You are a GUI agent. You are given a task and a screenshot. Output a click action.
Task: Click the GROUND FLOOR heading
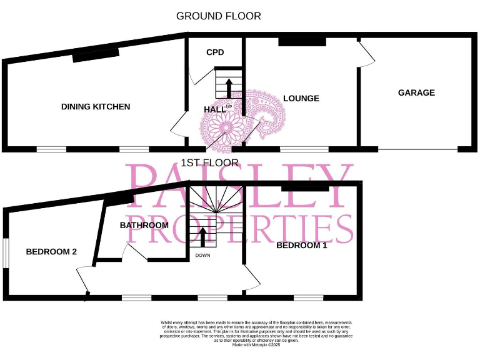coord(218,16)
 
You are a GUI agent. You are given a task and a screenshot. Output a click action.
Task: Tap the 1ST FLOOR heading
coord(209,163)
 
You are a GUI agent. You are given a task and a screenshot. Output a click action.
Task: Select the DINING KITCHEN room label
coord(96,107)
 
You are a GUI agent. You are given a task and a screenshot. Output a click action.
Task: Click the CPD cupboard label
coord(215,52)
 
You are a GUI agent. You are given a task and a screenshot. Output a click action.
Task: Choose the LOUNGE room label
coord(301,99)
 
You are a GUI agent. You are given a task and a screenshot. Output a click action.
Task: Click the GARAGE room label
coord(416,92)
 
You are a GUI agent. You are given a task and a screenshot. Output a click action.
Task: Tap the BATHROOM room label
coord(144,225)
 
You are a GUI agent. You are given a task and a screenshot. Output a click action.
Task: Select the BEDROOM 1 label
coord(301,246)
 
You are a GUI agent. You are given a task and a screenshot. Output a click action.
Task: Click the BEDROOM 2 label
coord(51,252)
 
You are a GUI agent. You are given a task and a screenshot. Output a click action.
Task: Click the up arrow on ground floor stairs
coord(228,86)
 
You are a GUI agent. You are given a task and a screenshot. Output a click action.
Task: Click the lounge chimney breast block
coord(302,42)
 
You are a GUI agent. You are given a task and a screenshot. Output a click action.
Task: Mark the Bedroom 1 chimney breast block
coord(305,187)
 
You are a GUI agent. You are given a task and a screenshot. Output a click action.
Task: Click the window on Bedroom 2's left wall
coord(6,254)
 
